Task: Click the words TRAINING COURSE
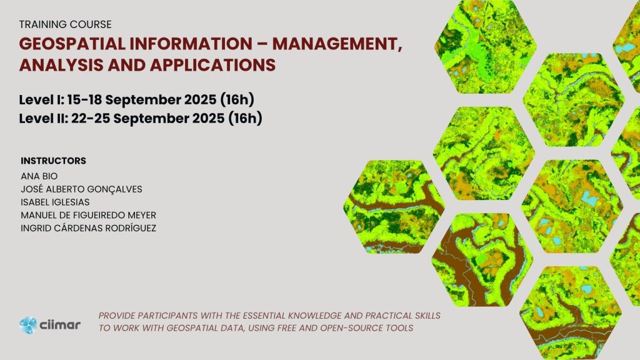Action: (65, 24)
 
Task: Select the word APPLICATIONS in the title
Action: (212, 65)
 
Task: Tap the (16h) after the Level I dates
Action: (237, 100)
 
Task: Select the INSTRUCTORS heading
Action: (54, 161)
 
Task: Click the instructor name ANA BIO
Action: (39, 176)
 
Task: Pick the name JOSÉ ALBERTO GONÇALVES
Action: (82, 189)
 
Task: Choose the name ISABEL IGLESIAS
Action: (55, 202)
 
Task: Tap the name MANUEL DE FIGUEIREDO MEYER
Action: (89, 215)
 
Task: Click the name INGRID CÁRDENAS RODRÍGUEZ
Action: (89, 228)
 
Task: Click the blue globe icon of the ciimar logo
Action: (28, 325)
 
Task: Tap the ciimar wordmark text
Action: (60, 325)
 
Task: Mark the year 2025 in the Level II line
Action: (208, 118)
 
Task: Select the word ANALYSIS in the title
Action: (62, 65)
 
